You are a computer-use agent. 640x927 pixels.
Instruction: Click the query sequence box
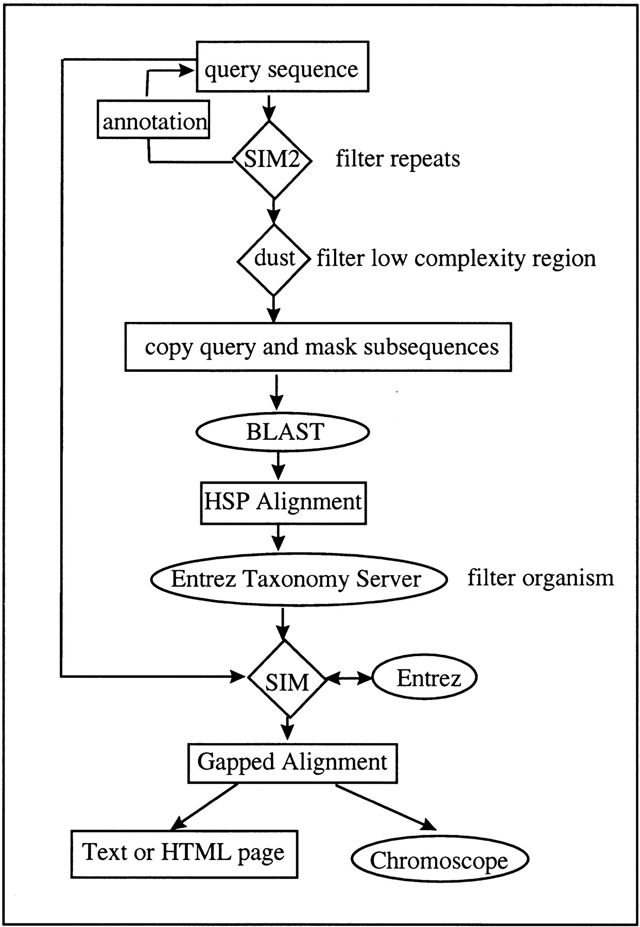tap(283, 67)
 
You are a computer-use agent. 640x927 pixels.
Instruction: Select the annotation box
tap(153, 120)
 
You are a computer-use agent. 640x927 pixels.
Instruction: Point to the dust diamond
tap(274, 259)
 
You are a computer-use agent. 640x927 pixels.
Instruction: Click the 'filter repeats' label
tap(398, 159)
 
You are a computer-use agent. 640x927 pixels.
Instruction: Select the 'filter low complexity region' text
tap(456, 258)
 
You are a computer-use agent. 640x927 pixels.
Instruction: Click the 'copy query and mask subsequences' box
tap(318, 347)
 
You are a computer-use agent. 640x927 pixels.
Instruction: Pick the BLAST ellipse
tap(283, 432)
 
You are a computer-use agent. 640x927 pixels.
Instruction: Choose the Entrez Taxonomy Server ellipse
tap(298, 579)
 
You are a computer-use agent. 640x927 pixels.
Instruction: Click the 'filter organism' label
tap(541, 578)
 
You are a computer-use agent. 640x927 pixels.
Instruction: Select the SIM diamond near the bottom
tap(287, 679)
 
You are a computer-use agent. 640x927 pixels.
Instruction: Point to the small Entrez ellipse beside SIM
tap(424, 678)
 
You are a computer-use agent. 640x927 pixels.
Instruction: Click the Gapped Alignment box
tap(292, 763)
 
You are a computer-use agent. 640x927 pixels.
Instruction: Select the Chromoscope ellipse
tap(440, 860)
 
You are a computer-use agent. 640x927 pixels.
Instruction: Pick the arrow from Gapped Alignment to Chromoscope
tap(386, 806)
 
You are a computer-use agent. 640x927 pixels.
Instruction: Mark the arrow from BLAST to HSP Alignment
tap(278, 465)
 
